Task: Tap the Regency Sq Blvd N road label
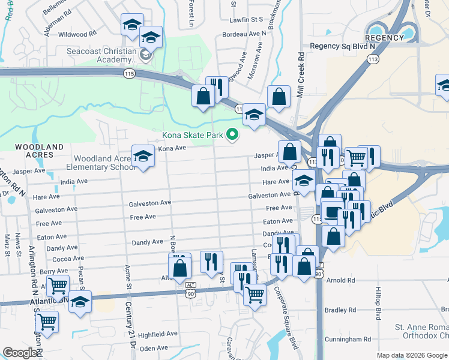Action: [342, 46]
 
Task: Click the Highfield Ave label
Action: [158, 334]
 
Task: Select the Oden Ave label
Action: [154, 348]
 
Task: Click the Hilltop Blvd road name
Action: [378, 306]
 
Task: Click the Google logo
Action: [20, 353]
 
